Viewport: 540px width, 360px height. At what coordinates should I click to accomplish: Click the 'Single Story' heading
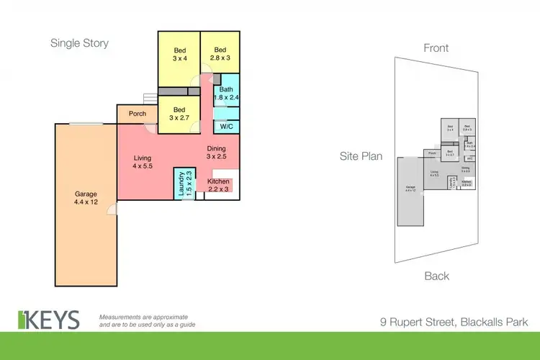point(79,43)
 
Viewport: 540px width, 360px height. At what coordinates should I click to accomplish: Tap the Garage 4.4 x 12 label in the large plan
point(85,198)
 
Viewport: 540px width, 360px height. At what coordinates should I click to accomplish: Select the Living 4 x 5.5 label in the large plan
point(142,162)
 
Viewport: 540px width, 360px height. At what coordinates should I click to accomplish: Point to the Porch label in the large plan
point(137,114)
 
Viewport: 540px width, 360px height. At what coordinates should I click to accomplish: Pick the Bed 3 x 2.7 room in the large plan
point(178,114)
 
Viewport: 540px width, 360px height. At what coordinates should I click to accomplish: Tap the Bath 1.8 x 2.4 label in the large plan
point(225,94)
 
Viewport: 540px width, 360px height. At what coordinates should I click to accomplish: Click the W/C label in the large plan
point(225,126)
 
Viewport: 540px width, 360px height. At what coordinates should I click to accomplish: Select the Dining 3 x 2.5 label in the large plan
point(217,153)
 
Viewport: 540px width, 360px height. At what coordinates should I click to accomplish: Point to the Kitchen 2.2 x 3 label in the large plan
point(218,185)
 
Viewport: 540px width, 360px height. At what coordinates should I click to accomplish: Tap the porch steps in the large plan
point(149,98)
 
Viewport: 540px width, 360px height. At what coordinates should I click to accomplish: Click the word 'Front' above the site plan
point(436,48)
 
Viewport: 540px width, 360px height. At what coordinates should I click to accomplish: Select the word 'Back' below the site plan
point(436,276)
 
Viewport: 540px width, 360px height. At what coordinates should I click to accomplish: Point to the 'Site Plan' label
point(361,156)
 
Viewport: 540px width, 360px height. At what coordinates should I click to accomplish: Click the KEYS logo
point(49,319)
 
